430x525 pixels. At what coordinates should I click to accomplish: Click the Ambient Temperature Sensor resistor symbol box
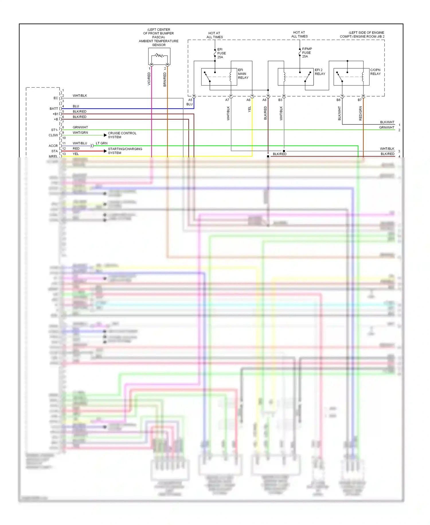tap(159, 56)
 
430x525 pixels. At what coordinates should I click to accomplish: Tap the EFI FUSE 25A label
tap(221, 53)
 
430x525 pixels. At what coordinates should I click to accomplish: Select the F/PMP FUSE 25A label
tap(307, 53)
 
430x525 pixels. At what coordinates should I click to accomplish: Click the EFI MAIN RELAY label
tap(243, 74)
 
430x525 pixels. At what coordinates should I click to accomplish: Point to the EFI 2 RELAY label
tap(320, 72)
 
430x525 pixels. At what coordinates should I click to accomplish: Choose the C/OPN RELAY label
tap(375, 72)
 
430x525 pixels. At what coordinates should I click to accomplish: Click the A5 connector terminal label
tap(190, 100)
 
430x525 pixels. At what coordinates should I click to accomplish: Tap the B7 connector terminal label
tap(359, 100)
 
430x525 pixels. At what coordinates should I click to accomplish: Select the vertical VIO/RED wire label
tap(149, 79)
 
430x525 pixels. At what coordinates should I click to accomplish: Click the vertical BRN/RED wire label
tap(165, 79)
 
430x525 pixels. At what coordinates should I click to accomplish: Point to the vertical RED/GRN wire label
tap(361, 113)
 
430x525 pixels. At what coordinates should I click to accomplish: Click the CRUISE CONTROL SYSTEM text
tap(122, 135)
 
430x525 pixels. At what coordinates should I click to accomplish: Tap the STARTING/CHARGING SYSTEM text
tap(125, 151)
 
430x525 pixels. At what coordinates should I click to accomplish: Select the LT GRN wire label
tap(101, 143)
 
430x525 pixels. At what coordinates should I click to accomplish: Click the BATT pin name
tap(54, 109)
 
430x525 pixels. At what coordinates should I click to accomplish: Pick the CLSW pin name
tap(53, 135)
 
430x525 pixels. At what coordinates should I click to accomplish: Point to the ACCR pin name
tap(53, 146)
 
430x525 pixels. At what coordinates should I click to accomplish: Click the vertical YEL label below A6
tap(249, 109)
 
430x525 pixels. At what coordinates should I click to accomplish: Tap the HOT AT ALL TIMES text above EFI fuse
tap(214, 35)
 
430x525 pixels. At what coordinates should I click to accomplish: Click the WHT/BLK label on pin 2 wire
tap(80, 96)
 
